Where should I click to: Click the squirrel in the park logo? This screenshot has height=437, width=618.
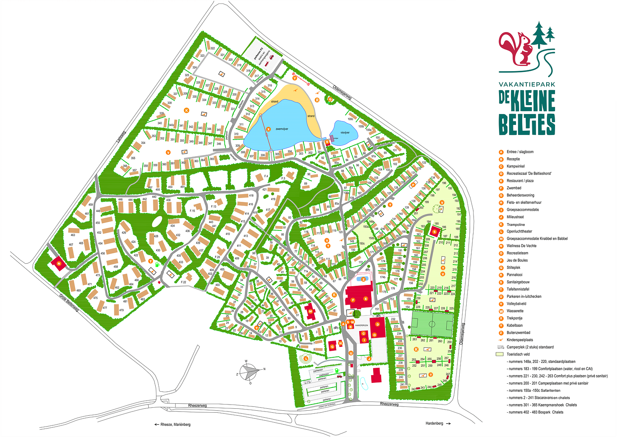click(x=516, y=48)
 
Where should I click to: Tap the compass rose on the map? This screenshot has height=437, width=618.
click(x=249, y=372)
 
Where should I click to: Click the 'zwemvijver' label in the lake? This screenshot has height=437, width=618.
click(x=282, y=129)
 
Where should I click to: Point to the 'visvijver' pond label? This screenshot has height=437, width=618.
click(x=345, y=133)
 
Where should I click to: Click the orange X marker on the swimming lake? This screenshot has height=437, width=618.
click(x=268, y=129)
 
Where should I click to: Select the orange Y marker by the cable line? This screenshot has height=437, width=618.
click(x=295, y=78)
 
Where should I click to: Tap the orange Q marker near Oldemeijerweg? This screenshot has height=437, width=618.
click(x=330, y=99)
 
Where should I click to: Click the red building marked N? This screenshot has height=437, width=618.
click(x=59, y=263)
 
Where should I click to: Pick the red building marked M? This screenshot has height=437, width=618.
click(x=310, y=311)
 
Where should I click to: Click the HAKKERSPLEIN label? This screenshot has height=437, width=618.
click(x=362, y=326)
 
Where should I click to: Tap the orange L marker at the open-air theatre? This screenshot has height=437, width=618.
click(x=306, y=358)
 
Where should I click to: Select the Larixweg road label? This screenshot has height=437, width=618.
click(x=121, y=138)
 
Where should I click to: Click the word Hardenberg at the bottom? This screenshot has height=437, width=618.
click(x=434, y=423)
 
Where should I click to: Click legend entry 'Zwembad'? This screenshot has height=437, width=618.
click(x=514, y=188)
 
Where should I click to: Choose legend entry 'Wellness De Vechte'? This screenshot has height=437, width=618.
click(x=521, y=246)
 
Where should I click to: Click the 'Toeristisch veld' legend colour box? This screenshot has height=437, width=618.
click(x=500, y=354)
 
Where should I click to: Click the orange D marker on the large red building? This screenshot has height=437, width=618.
click(x=378, y=324)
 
